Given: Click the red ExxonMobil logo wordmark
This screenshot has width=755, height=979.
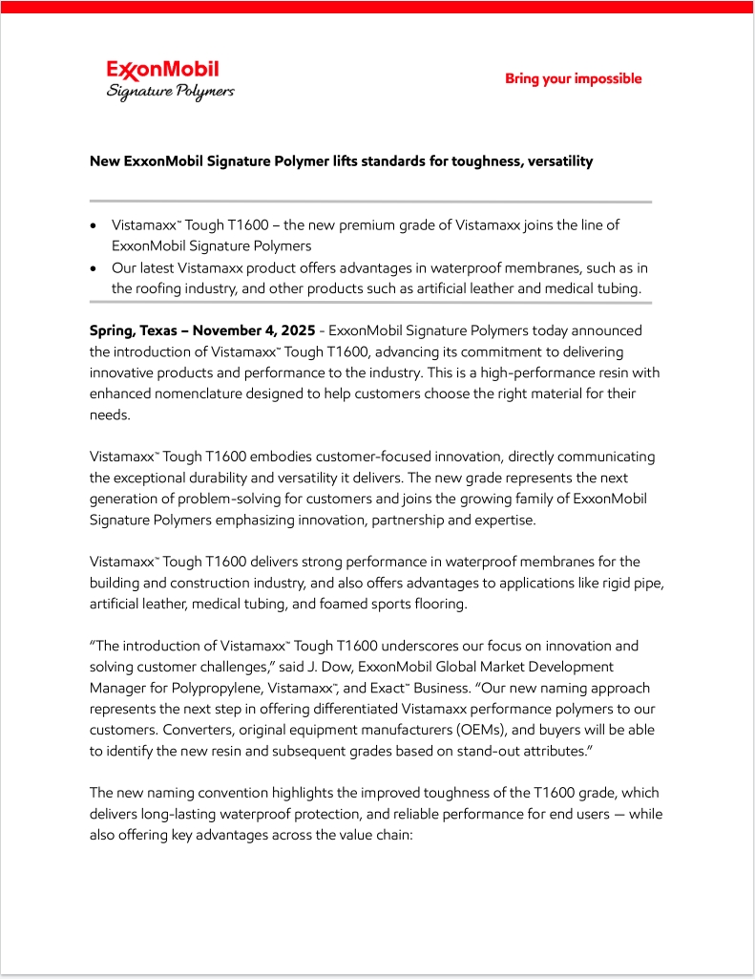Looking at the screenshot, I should point(162,70).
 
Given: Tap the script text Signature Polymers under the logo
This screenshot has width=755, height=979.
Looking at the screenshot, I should point(170,92).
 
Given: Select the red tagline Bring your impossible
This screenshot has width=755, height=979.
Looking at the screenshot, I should point(573,78).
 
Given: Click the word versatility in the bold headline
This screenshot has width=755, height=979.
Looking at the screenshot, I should point(558,161).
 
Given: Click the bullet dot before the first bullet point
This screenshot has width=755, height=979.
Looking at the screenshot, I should point(93,226).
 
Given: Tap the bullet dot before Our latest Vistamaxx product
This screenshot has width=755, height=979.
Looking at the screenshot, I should point(93,269).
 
